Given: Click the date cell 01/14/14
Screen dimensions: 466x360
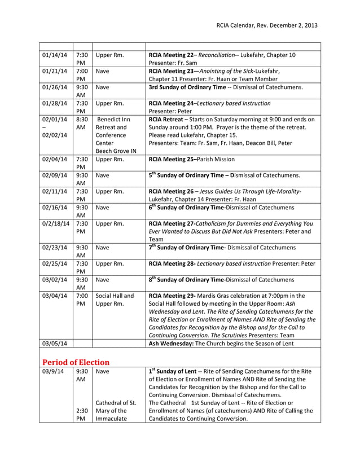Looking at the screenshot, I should [55, 55].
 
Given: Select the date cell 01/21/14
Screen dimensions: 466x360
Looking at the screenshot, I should [55, 72].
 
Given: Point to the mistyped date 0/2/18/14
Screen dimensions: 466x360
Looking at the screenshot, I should [56, 224].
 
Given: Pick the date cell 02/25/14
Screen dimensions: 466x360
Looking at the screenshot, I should [55, 263].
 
